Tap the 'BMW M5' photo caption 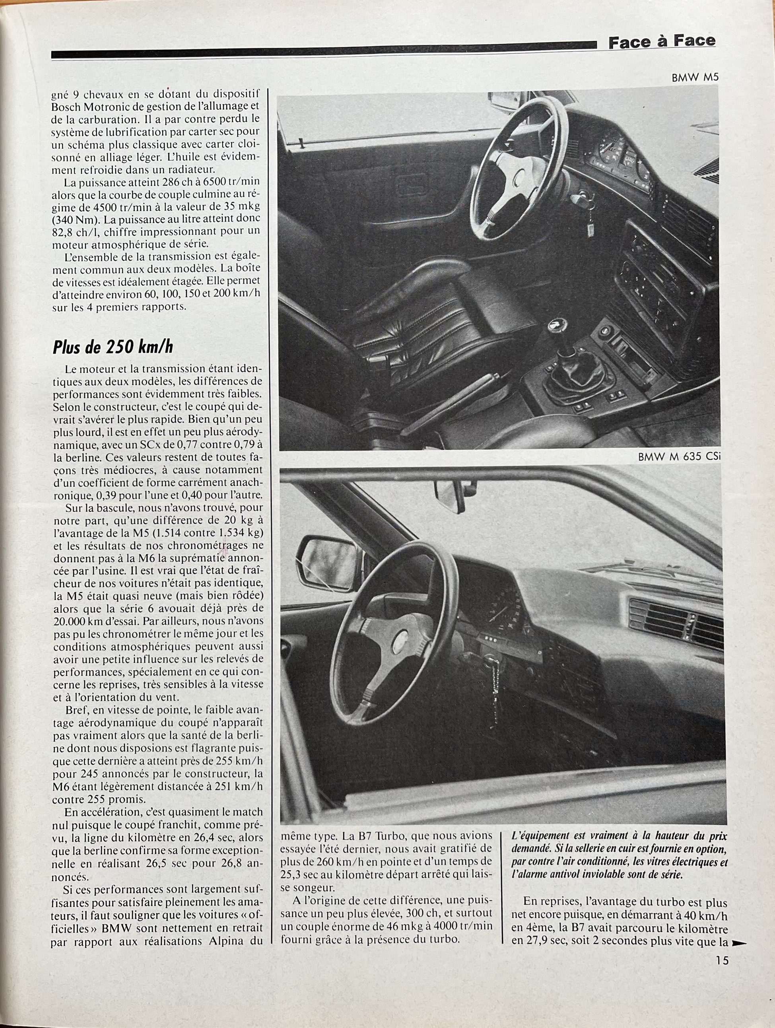click(x=695, y=78)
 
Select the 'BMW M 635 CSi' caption click(x=679, y=457)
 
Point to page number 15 click(x=722, y=960)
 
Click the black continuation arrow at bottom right click(x=738, y=943)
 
